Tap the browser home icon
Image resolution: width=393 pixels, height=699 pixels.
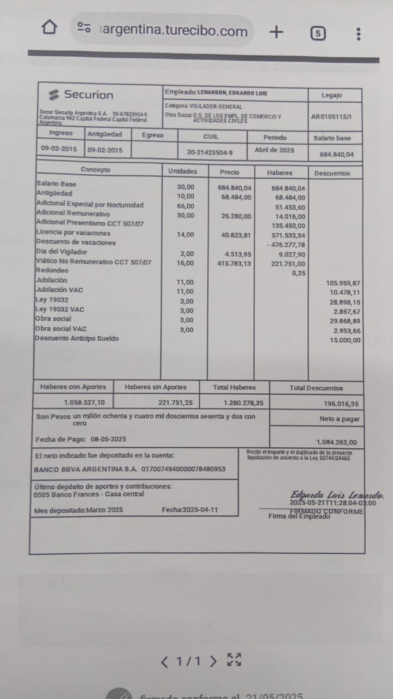(49, 27)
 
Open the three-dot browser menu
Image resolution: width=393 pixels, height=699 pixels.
(358, 33)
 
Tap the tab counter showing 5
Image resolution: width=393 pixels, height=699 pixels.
(318, 33)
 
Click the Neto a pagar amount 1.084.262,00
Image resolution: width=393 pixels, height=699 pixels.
(337, 442)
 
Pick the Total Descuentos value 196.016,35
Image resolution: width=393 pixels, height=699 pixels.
(340, 404)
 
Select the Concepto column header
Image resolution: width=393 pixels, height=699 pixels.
(96, 170)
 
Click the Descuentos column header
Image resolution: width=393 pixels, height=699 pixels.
(332, 173)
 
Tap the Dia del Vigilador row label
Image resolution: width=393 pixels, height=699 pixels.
(62, 252)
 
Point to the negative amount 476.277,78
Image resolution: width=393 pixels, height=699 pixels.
(287, 245)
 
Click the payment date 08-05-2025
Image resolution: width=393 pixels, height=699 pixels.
(108, 439)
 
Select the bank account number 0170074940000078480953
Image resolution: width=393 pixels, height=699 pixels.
(183, 469)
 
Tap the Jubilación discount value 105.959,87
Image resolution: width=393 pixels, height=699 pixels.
(343, 283)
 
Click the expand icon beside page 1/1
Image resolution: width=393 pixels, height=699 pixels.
(234, 660)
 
